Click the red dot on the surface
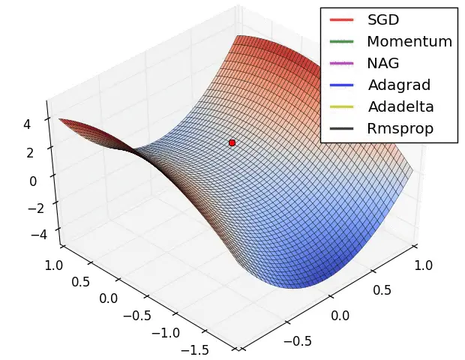[232, 142]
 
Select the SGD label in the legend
[382, 19]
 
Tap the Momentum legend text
[409, 41]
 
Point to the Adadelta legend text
[400, 106]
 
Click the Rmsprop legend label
[400, 128]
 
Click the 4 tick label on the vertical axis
[26, 125]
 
